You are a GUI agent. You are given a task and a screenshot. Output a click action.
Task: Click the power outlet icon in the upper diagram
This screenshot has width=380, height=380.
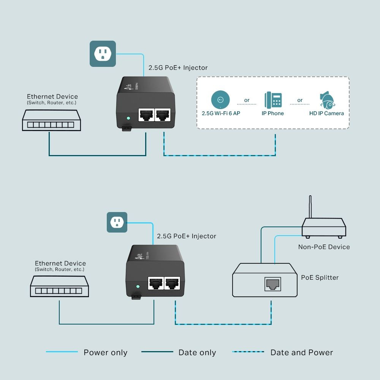103,54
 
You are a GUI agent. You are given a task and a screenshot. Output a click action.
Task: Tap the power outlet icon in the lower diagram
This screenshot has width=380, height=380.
117,222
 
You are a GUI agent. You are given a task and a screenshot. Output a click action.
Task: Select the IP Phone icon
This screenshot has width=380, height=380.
273,100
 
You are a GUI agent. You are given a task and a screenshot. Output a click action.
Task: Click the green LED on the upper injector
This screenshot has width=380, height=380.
128,118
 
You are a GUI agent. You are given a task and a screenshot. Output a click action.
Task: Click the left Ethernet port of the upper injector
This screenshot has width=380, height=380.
146,114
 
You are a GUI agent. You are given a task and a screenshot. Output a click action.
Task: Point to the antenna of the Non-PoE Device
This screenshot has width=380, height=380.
310,207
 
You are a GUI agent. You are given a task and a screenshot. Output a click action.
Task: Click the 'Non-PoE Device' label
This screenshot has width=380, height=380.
324,247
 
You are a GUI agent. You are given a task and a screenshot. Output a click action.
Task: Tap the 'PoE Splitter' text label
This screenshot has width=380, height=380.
320,277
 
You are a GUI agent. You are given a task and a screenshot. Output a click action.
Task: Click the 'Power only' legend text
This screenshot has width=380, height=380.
105,353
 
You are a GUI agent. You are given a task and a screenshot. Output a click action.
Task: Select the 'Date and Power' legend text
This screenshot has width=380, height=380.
301,353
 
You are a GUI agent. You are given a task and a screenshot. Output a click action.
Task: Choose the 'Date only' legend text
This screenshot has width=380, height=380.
197,353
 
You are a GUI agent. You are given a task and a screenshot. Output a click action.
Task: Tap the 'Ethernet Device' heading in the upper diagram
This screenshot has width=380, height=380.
52,97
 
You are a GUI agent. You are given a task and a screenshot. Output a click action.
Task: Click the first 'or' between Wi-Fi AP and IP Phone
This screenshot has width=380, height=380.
247,100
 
